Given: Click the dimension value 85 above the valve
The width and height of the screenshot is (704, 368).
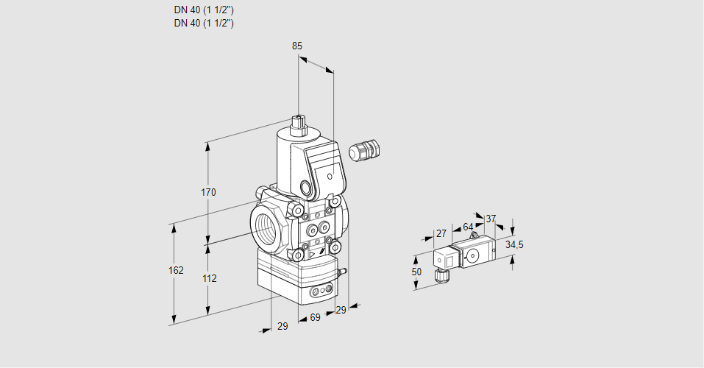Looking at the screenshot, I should (297, 46).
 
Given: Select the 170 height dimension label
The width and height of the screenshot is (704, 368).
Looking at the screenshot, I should (209, 193).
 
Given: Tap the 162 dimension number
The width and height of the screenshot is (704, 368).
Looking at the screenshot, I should (176, 271).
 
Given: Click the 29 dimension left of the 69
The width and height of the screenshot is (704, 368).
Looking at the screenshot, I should (282, 326).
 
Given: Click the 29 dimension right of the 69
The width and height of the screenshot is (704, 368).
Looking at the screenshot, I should (340, 311).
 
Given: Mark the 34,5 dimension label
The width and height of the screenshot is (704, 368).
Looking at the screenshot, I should (514, 244).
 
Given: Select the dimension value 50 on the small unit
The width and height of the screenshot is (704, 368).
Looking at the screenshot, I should (416, 272).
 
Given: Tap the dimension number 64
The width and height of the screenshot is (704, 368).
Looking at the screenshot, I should (468, 227).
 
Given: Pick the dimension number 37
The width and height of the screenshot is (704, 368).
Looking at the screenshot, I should (491, 219).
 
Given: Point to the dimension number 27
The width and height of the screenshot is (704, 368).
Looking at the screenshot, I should (441, 233).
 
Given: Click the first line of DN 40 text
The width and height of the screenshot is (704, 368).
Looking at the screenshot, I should (204, 10).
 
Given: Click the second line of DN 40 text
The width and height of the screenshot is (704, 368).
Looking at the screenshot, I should (204, 23).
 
